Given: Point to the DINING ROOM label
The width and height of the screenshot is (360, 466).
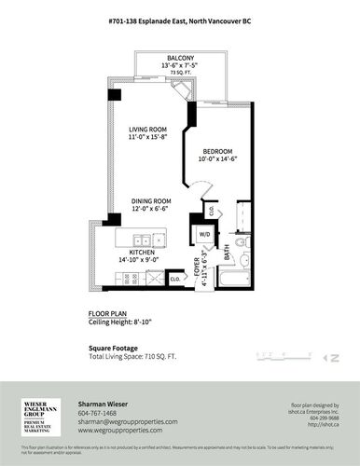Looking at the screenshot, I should click(x=151, y=199).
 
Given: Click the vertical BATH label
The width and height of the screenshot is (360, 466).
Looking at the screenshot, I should click(x=228, y=253).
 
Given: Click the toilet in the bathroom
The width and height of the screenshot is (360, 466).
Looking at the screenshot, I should click(x=242, y=244).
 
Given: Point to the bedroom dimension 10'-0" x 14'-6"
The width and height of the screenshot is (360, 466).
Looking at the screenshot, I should click(x=218, y=159).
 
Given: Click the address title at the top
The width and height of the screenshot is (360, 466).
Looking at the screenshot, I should click(x=180, y=19).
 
